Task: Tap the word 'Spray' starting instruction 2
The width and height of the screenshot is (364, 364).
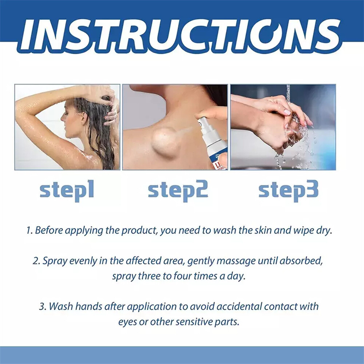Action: click(x=54, y=261)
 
